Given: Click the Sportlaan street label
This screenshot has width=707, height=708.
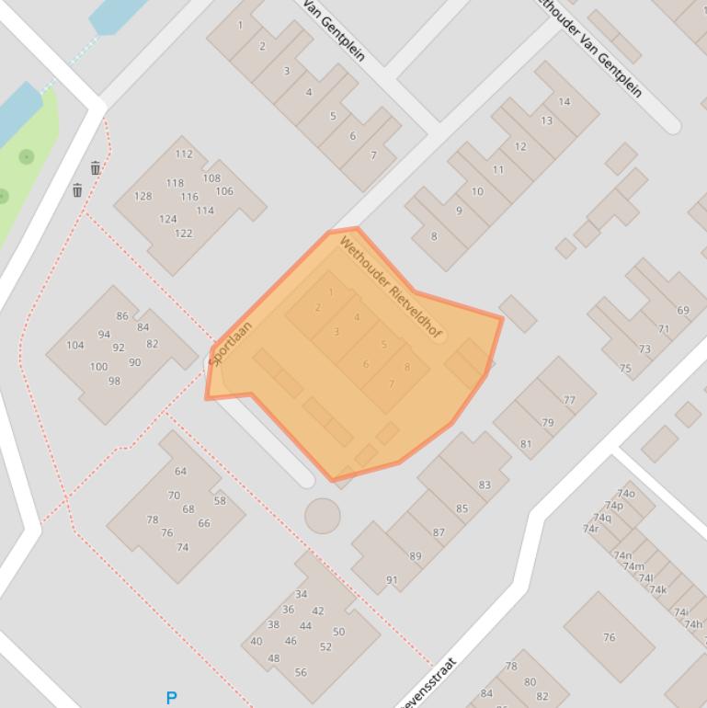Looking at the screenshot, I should (x=230, y=344).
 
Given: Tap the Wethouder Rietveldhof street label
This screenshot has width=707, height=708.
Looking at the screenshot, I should (x=389, y=286).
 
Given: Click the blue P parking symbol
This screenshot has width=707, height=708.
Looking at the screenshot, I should (x=171, y=699).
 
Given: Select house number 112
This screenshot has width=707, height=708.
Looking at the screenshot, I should (x=184, y=154).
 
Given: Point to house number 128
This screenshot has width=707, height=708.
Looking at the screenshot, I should (x=143, y=196).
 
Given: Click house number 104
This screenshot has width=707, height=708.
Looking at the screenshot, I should (x=75, y=346).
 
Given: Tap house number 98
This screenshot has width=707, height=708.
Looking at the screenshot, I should (x=114, y=381).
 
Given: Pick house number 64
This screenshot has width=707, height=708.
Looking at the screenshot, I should (x=180, y=472).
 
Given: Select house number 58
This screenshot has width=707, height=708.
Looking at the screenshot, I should (x=220, y=501).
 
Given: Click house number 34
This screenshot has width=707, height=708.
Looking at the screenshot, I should (x=301, y=594).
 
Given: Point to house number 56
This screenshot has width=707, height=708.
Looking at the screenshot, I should (x=301, y=672).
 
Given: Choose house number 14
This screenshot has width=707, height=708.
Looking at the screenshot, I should (x=564, y=102).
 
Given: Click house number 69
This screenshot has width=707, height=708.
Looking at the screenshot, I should (x=683, y=311).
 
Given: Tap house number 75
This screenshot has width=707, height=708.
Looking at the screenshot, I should (x=625, y=369).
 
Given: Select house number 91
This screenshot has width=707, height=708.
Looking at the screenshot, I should (x=392, y=579).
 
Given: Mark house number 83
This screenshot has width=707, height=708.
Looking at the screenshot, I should (x=485, y=485).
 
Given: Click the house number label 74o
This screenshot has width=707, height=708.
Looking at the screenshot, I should (x=626, y=494).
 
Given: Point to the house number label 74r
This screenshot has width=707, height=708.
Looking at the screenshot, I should (x=590, y=529).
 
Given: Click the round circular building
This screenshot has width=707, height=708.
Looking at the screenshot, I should (x=323, y=516).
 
